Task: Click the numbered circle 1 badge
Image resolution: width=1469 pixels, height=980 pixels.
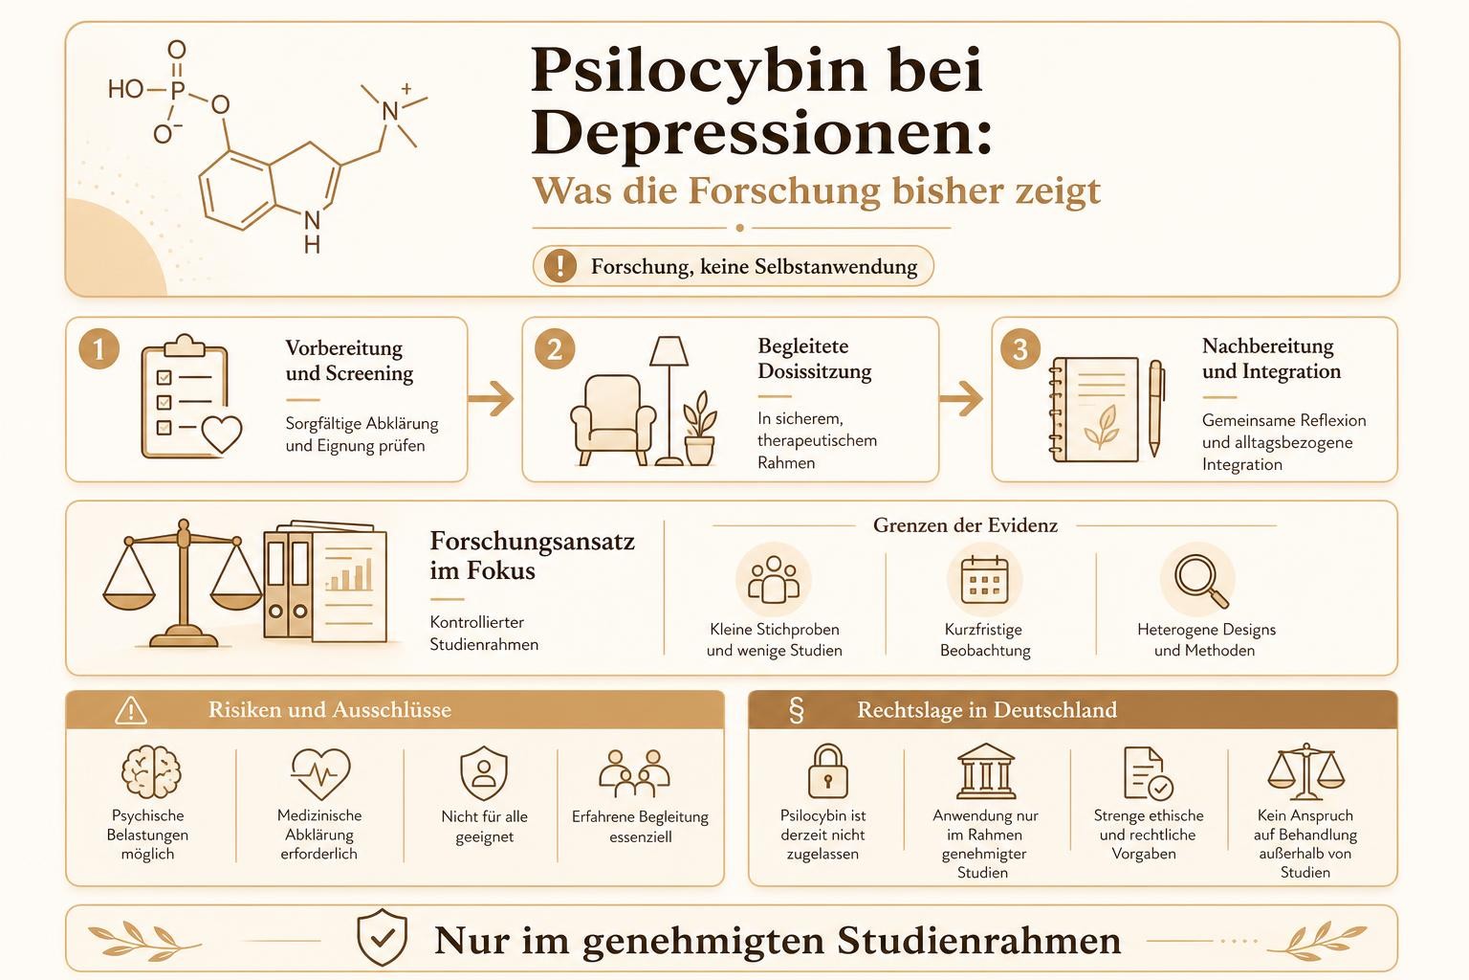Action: [x=99, y=348]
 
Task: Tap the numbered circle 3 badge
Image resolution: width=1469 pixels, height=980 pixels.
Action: [x=1020, y=348]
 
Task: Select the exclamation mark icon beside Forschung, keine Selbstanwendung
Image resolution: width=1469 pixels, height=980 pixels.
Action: [x=560, y=266]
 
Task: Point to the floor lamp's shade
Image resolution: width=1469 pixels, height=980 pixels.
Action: [x=669, y=351]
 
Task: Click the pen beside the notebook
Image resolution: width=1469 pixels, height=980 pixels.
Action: [x=1155, y=408]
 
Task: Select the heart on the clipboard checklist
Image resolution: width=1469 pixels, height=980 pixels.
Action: [x=222, y=434]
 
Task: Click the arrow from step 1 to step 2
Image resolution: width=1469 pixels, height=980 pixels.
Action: [x=492, y=398]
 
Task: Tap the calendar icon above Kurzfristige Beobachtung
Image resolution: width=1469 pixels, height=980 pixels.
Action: [x=984, y=580]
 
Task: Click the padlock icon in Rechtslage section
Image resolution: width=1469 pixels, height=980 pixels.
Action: [x=827, y=771]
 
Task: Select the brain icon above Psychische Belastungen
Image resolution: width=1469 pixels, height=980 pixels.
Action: [x=151, y=772]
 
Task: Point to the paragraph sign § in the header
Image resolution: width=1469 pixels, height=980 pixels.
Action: [x=797, y=710]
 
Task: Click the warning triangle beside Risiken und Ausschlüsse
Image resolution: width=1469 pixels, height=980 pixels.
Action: [x=131, y=710]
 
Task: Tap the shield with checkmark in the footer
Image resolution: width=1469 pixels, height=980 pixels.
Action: [x=382, y=937]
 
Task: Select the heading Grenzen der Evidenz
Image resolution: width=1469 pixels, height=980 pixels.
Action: [x=965, y=525]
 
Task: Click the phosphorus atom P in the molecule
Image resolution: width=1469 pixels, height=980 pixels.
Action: [x=178, y=90]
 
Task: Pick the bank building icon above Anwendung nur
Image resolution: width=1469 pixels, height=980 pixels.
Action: [x=986, y=770]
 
